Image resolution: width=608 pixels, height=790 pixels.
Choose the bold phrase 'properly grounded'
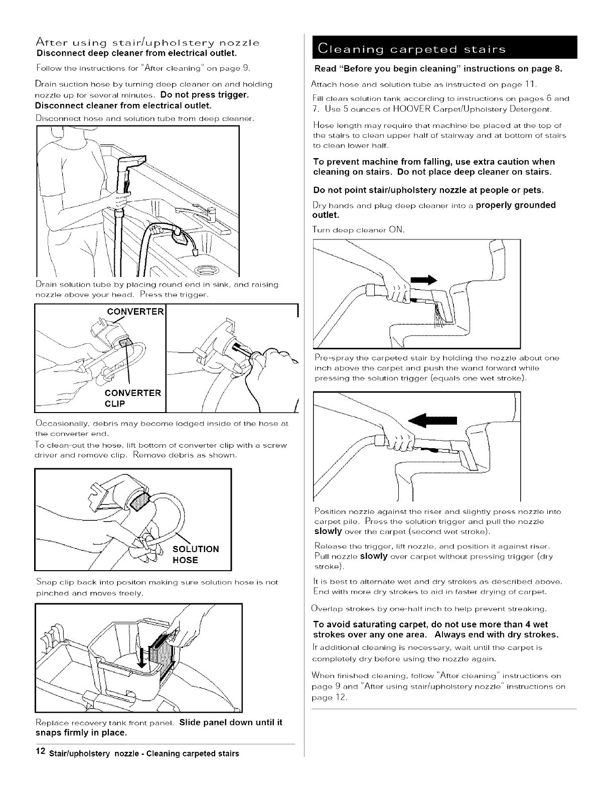tap(515, 205)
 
